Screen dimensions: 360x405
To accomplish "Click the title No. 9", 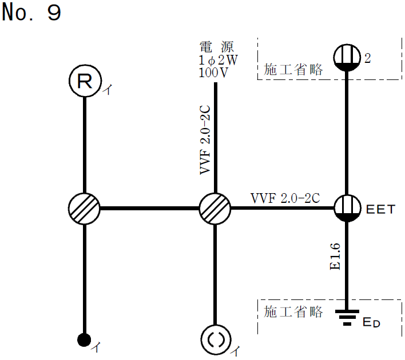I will point(31,13).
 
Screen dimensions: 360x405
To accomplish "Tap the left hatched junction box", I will point(84,207).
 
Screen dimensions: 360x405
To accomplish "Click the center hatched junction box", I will point(215,207).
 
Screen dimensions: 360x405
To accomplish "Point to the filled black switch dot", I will point(85,340).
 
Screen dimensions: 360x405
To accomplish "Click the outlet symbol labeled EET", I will point(347,207).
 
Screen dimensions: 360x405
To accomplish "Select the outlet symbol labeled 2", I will point(347,58).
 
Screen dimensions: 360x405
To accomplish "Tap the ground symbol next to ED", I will point(347,317).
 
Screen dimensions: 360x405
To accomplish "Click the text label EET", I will point(381,209).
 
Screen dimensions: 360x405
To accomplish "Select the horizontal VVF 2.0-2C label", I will point(285,198).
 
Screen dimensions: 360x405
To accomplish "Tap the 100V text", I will point(214,73).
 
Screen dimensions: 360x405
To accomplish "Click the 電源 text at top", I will point(217,46).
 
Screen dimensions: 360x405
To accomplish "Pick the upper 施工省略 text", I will point(293,70).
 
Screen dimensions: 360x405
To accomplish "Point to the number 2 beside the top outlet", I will point(368,58).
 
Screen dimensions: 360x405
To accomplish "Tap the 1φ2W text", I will point(217,60).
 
